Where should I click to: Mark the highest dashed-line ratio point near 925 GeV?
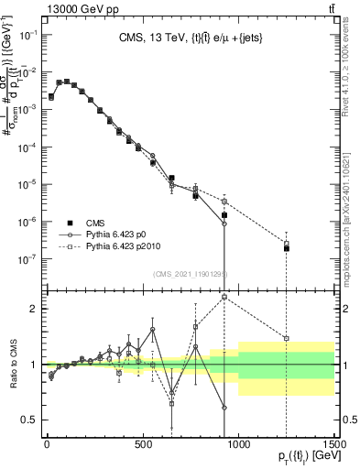[x=224, y=297]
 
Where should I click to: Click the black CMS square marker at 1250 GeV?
[x=287, y=248]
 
